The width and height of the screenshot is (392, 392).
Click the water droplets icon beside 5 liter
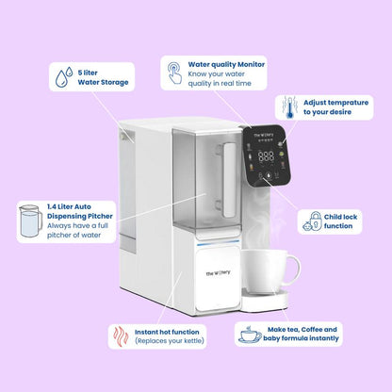(x=64, y=77)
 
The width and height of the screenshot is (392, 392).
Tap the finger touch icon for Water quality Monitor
(x=174, y=73)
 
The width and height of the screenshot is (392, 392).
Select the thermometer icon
(x=289, y=107)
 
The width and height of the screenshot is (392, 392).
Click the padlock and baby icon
(x=312, y=221)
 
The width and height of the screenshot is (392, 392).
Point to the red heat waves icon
(x=121, y=337)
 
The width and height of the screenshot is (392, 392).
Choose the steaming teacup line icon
(x=250, y=335)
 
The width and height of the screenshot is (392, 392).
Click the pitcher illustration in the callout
(x=30, y=220)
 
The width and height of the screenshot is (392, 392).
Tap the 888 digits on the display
(x=266, y=156)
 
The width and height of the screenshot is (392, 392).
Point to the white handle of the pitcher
(x=229, y=180)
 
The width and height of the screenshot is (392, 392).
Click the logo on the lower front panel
(x=218, y=273)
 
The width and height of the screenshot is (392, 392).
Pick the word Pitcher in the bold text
(x=100, y=216)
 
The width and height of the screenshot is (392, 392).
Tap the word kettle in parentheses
(x=193, y=341)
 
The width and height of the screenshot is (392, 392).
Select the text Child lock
(x=340, y=217)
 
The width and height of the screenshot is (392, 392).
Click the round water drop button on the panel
(x=269, y=176)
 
